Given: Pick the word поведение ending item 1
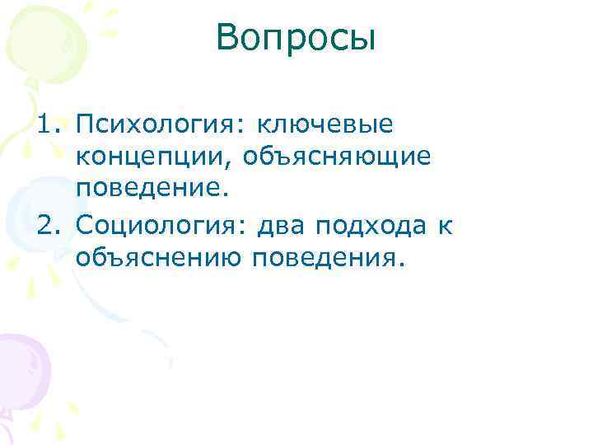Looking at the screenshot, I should [146, 189].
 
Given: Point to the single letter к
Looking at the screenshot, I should [446, 226].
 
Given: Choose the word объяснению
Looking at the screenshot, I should [158, 259].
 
